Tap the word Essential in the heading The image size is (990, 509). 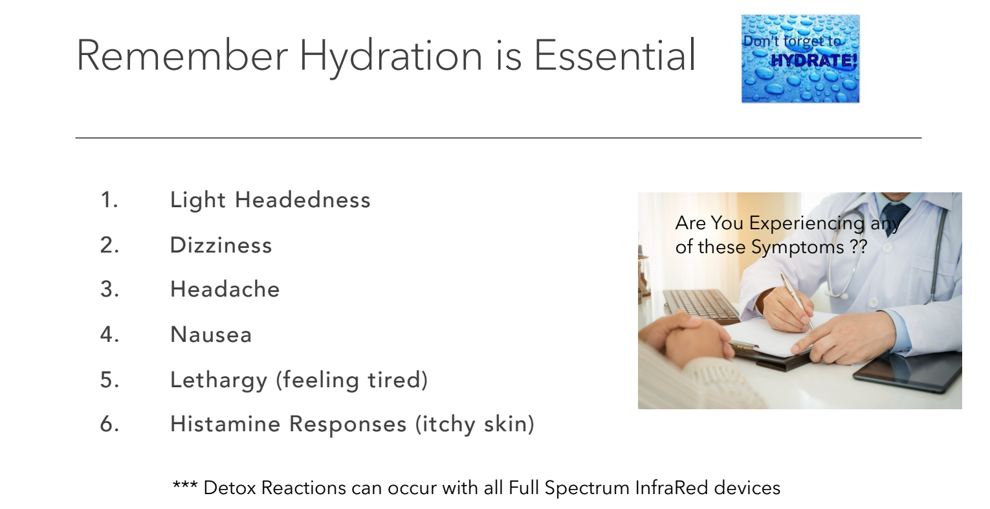(x=615, y=55)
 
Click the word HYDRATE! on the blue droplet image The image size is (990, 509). (x=813, y=60)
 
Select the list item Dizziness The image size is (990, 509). (x=221, y=245)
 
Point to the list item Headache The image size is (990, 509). (x=225, y=289)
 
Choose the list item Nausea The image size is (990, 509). (x=211, y=334)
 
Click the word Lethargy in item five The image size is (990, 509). (x=219, y=380)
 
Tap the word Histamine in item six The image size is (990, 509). (x=225, y=424)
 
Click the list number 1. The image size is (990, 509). (x=109, y=199)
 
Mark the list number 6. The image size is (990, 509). (x=109, y=424)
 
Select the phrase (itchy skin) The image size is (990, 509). (x=475, y=424)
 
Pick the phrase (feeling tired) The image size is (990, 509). (x=352, y=380)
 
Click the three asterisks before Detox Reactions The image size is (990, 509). (x=185, y=485)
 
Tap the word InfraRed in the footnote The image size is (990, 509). (x=672, y=488)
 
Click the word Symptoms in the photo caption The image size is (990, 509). (x=798, y=247)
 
